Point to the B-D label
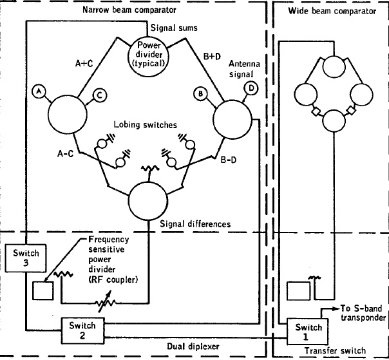pos(230,158)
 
